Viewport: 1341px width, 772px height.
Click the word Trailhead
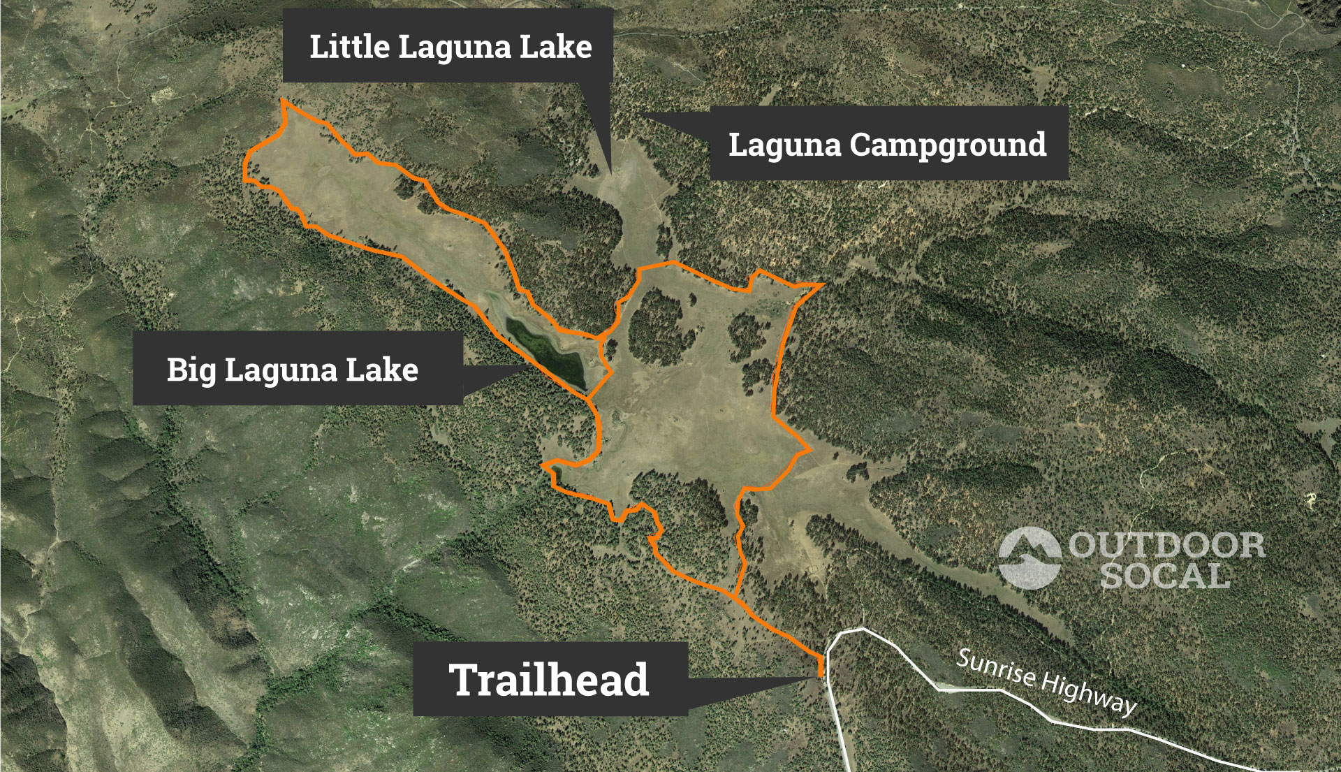[x=549, y=680]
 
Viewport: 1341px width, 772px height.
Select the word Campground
[x=948, y=145]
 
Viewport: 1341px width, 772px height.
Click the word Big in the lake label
[x=191, y=370]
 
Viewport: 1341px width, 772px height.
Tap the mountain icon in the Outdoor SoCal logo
[x=1029, y=558]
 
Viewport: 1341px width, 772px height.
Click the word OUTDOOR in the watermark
[x=1166, y=546]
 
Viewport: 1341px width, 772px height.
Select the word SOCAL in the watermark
[x=1165, y=576]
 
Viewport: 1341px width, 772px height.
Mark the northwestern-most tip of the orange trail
[x=283, y=101]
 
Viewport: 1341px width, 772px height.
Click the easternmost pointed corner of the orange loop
[x=824, y=284]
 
